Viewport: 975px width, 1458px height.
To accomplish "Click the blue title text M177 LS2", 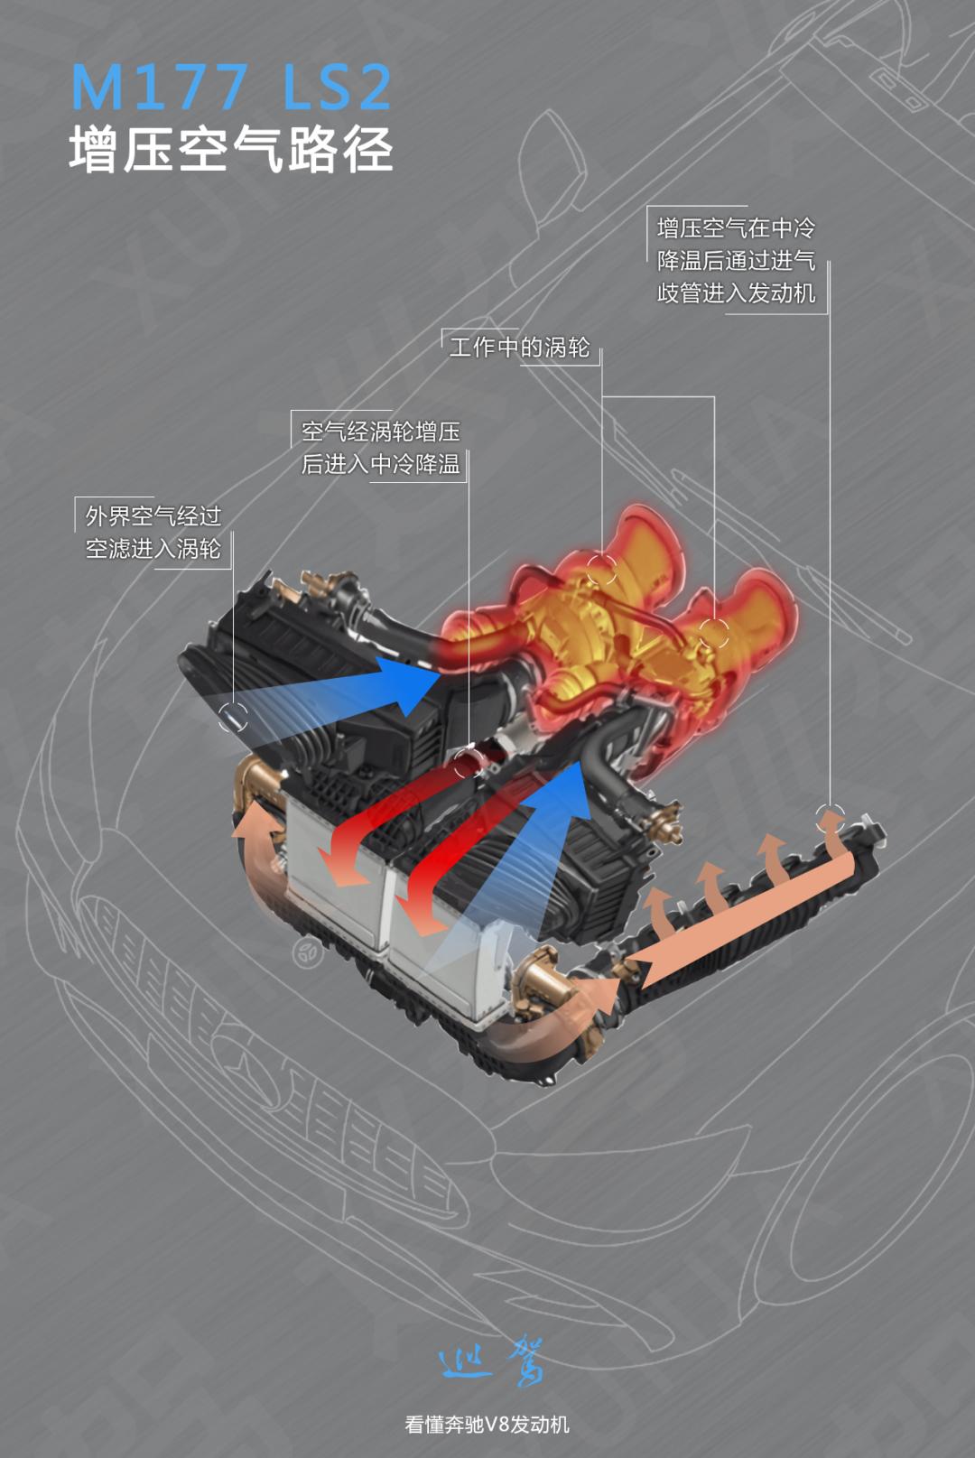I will tap(231, 87).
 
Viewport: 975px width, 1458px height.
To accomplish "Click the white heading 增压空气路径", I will tap(231, 149).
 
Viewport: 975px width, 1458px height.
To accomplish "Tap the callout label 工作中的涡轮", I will tap(519, 348).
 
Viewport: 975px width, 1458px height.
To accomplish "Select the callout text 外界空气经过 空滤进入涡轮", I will tap(153, 533).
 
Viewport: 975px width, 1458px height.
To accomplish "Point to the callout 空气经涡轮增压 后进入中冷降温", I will tap(380, 448).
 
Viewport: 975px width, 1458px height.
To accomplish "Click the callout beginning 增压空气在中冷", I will tap(736, 260).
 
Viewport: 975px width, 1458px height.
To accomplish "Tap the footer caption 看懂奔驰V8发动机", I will tap(487, 1425).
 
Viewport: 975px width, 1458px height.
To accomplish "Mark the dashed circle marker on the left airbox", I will tap(233, 717).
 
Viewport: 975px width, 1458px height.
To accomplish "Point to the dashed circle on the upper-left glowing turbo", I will tap(602, 570).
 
